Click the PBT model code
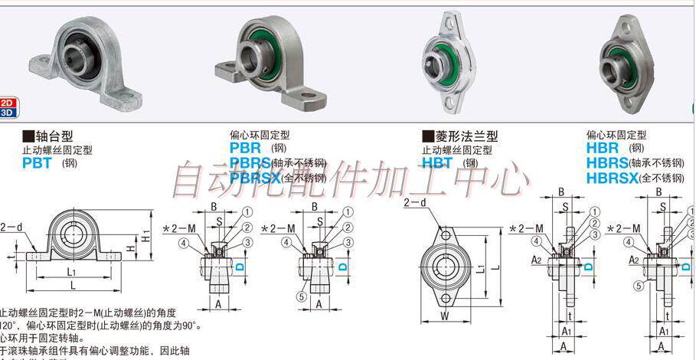point(37,162)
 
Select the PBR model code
point(246,147)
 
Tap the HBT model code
point(437,162)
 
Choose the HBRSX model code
point(613,178)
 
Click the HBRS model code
point(607,162)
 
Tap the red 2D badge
point(8,103)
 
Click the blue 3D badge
point(8,113)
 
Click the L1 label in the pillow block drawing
point(70,271)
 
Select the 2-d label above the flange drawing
point(415,203)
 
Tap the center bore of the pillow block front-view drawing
point(76,231)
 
